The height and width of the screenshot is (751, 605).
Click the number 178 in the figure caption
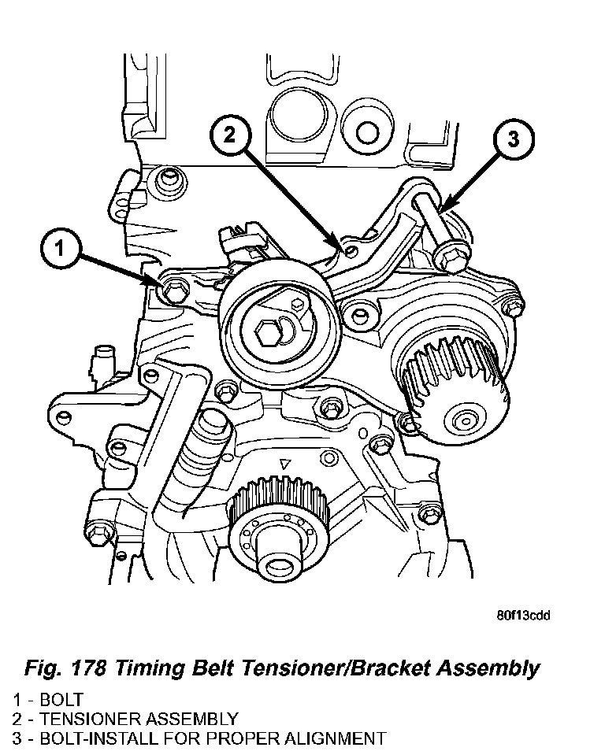[x=87, y=668]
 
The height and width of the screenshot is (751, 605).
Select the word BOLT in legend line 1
[x=60, y=699]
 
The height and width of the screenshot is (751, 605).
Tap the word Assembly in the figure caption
[x=490, y=668]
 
